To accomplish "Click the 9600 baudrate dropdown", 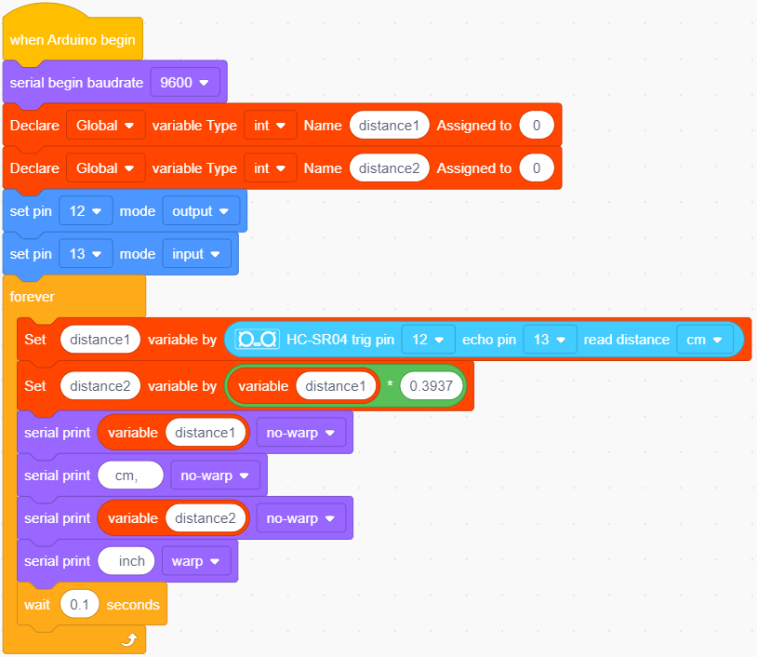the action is tap(185, 83).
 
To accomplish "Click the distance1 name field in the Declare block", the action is tap(389, 125).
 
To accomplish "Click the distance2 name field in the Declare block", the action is tap(389, 168).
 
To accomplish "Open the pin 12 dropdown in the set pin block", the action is tap(86, 211).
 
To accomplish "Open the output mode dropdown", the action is tap(201, 211).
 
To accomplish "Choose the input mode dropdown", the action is tap(196, 254).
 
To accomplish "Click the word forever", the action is tap(33, 297).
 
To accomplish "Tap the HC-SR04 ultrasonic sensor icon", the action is tap(257, 339).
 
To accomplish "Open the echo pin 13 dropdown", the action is tap(550, 340).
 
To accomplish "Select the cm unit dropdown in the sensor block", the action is tap(705, 340).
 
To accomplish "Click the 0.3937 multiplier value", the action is tap(432, 386).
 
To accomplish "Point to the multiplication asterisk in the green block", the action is tap(390, 385).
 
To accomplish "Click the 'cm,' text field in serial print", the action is tap(130, 476).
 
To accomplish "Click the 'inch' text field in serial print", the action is tap(126, 561).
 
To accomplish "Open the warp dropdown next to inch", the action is tap(196, 561).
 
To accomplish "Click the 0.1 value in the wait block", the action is tap(80, 604).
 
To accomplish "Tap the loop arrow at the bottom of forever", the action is tap(129, 639).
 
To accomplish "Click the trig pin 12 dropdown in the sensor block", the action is tap(428, 340).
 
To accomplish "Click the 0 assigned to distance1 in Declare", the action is tap(537, 125).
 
